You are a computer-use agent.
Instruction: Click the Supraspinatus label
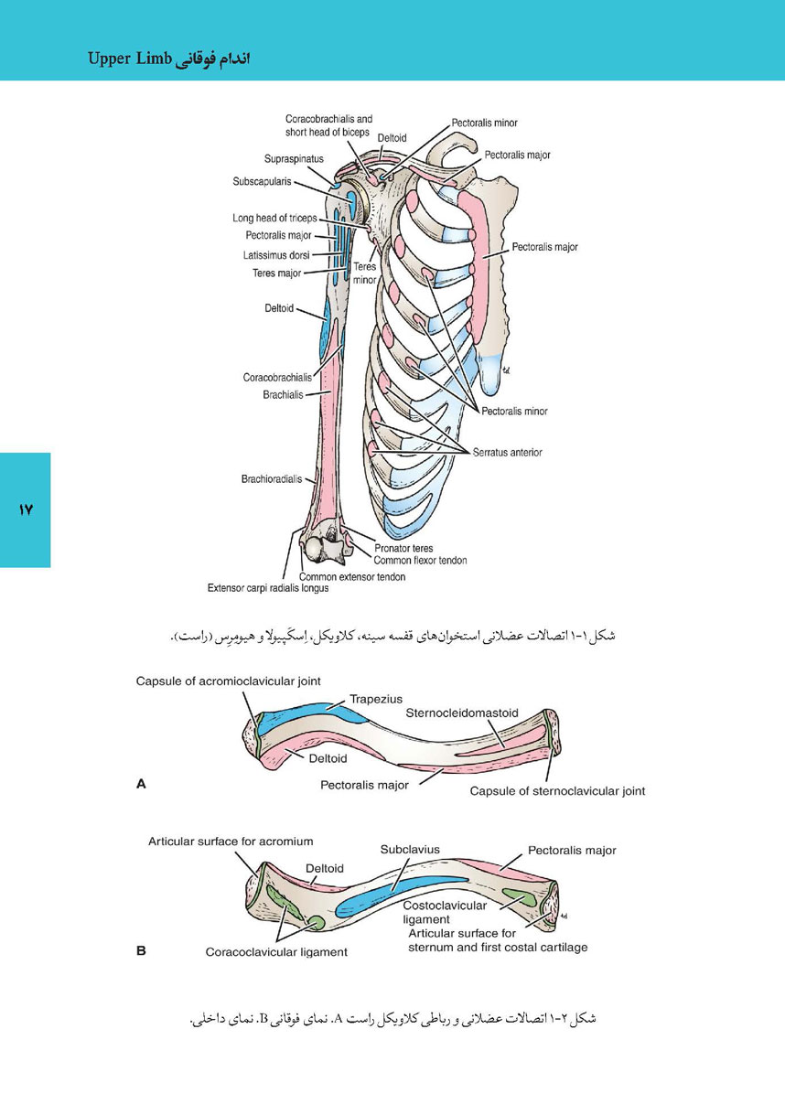coord(294,159)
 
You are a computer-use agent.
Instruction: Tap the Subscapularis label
coord(262,182)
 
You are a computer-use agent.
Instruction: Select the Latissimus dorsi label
coord(276,255)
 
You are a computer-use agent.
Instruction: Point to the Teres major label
coord(277,273)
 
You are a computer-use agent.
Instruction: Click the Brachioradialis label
coord(272,479)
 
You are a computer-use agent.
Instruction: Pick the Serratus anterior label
coord(507,453)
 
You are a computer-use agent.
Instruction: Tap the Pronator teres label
coord(403,548)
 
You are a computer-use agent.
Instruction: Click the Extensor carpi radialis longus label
coord(268,588)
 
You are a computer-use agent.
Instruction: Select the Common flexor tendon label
coord(420,561)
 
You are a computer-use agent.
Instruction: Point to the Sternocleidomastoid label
coord(462,713)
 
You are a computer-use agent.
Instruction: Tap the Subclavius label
coord(410,849)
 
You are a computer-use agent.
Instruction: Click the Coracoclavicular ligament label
coord(276,952)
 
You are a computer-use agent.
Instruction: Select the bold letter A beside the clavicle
coord(142,784)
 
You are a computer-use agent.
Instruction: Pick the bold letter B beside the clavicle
coord(142,950)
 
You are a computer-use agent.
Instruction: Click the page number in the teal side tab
coord(26,509)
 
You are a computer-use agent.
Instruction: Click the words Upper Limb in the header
coord(129,59)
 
